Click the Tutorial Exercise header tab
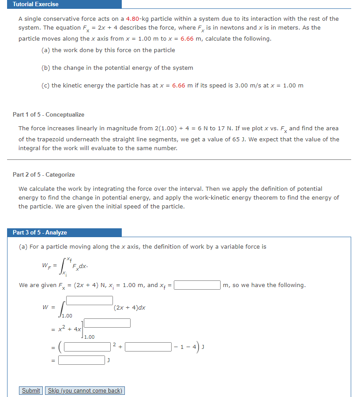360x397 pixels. pos(35,4)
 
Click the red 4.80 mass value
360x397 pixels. pos(133,19)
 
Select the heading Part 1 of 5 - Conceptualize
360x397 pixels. pos(49,115)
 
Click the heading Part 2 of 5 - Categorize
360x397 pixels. pos(44,175)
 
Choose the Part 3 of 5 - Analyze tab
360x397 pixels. pos(40,233)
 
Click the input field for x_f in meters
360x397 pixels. pos(197,285)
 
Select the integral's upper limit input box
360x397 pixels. pos(90,300)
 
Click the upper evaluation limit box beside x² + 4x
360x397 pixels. pos(107,323)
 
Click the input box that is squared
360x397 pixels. pos(88,347)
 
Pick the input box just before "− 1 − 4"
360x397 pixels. pos(148,347)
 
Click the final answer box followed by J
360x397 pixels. pos(81,360)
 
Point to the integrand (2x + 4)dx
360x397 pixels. pos(130,308)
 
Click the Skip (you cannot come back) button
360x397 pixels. pos(85,391)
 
